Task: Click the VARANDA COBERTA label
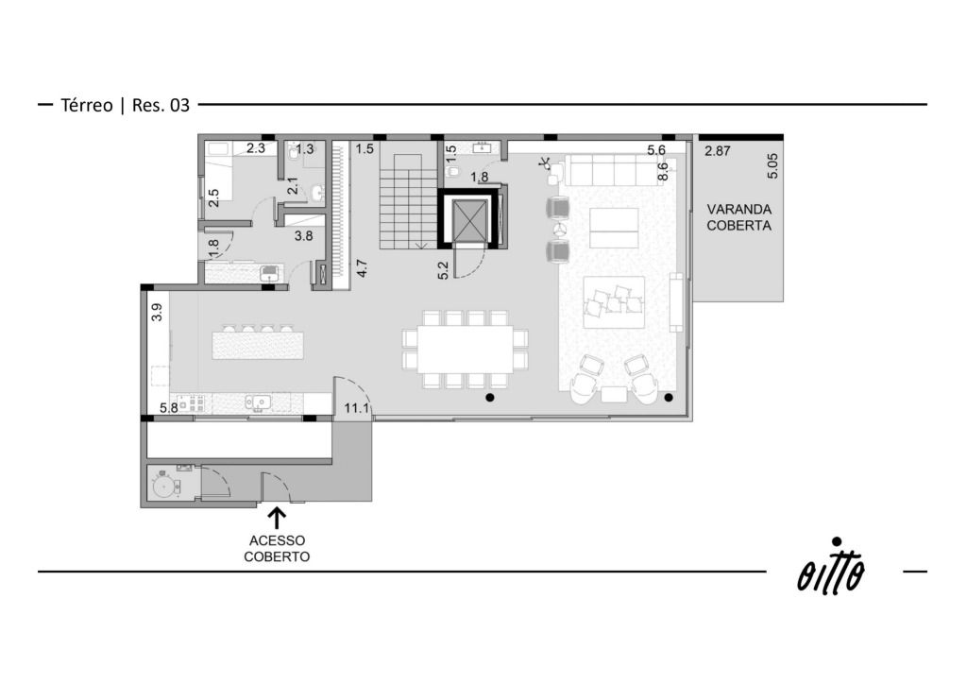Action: click(x=738, y=217)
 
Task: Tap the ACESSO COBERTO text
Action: click(x=277, y=548)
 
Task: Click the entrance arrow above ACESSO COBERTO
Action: click(x=277, y=518)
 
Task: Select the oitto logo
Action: click(x=831, y=568)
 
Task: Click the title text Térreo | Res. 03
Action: click(x=126, y=105)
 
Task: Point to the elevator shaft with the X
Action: click(x=470, y=219)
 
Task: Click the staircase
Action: click(x=404, y=195)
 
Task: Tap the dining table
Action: click(x=465, y=349)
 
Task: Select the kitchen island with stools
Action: click(x=258, y=342)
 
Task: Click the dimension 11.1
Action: click(x=356, y=408)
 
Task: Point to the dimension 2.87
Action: click(x=718, y=150)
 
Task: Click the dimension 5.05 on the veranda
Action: click(x=772, y=166)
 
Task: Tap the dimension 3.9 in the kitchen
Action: click(x=158, y=312)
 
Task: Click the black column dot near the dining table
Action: click(x=490, y=398)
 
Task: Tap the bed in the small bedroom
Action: click(x=218, y=170)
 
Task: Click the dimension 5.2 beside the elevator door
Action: click(x=444, y=270)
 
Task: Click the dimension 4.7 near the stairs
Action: click(x=362, y=268)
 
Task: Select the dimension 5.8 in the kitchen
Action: click(x=169, y=408)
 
